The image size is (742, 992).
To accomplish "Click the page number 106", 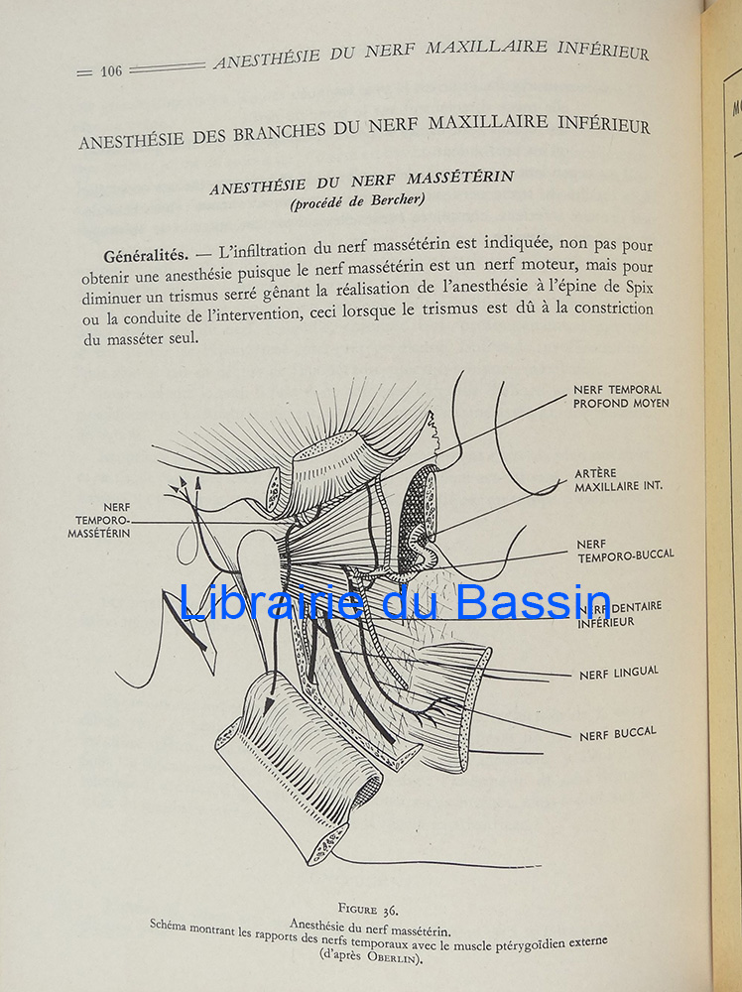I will click(111, 70).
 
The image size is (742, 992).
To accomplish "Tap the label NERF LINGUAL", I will click(618, 674).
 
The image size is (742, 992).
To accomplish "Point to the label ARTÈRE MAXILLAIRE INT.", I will click(618, 480).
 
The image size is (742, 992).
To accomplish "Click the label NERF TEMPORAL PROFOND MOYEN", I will click(621, 397).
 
